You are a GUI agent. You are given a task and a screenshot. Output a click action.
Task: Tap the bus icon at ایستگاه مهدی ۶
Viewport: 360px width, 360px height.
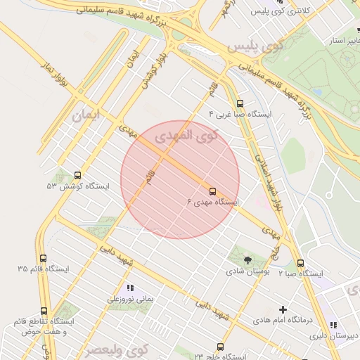[212, 191]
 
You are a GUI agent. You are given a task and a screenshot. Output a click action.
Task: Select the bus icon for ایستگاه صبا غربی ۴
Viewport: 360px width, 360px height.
[240, 103]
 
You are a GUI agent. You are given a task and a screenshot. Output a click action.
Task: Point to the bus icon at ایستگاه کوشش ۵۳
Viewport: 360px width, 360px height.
[77, 176]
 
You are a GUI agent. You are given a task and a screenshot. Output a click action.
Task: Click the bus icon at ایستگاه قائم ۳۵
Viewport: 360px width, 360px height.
[44, 259]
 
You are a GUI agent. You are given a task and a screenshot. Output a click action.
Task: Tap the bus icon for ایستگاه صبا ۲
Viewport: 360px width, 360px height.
[301, 263]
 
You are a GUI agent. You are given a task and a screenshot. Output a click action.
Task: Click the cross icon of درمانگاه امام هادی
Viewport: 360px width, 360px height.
[283, 309]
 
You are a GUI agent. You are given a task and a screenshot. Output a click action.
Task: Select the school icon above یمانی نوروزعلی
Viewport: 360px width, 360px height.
[129, 288]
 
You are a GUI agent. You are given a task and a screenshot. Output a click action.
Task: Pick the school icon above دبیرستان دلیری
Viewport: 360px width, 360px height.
[334, 325]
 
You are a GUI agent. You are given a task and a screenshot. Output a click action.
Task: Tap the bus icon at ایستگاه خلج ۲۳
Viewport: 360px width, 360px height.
[220, 347]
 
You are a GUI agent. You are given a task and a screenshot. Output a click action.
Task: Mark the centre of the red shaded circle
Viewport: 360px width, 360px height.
[180, 180]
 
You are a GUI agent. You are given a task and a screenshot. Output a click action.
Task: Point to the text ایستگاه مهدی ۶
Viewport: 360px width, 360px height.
[212, 202]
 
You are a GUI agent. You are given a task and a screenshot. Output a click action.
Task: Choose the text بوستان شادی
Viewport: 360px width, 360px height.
[243, 271]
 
